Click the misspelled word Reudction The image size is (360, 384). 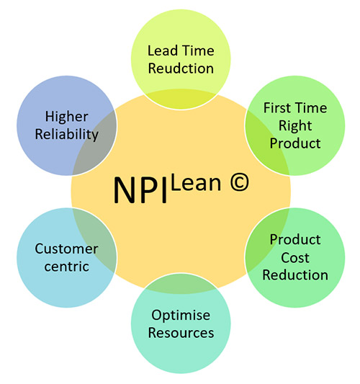click(181, 68)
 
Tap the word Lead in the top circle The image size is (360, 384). click(163, 50)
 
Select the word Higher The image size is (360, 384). click(66, 117)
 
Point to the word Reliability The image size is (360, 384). click(66, 135)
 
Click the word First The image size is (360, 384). click(277, 108)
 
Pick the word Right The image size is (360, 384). click(295, 126)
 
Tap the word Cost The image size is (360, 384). click(295, 258)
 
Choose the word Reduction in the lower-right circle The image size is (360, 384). click(295, 275)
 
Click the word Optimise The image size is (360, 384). click(181, 316)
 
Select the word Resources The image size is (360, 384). click(181, 333)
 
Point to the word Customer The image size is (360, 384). click(66, 249)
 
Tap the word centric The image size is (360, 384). click(66, 267)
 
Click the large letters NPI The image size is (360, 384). click(140, 190)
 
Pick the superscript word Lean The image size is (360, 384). click(196, 183)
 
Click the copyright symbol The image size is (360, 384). click(239, 182)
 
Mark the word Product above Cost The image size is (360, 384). click(295, 239)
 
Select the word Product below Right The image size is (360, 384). click(295, 143)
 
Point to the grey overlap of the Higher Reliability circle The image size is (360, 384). click(96, 146)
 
